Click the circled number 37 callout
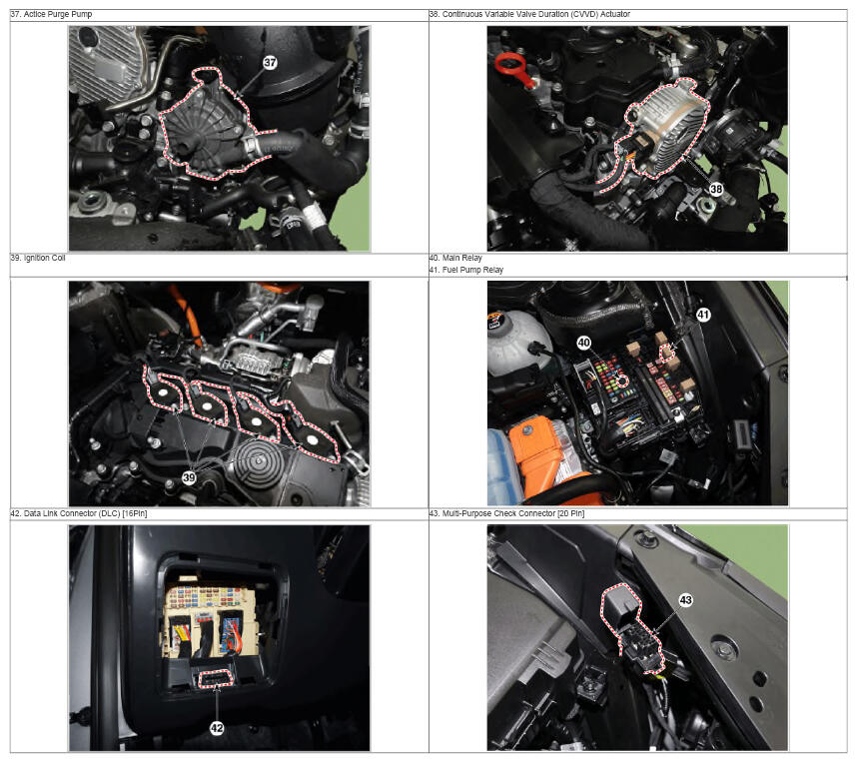tap(270, 62)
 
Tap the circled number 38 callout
tap(716, 189)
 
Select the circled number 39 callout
tap(189, 477)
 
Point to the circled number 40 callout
tap(584, 343)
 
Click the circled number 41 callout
tap(703, 315)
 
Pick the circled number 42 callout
tap(217, 728)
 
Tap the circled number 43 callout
tap(686, 600)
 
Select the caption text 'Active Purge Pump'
tap(57, 14)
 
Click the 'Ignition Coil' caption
tap(44, 258)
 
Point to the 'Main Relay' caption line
tap(461, 258)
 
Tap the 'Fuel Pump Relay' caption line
tap(472, 270)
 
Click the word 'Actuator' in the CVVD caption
tap(615, 14)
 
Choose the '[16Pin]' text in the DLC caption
tap(135, 513)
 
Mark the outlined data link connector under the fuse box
tap(217, 678)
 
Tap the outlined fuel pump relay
tap(667, 354)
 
